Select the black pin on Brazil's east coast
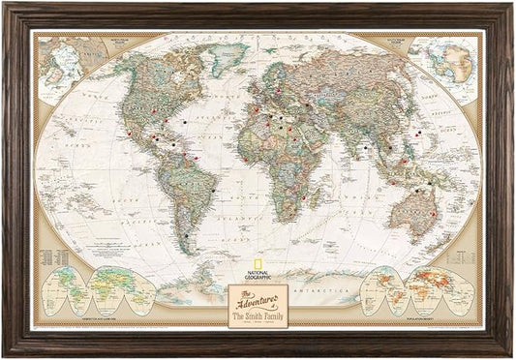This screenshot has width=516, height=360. point(212,191)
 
